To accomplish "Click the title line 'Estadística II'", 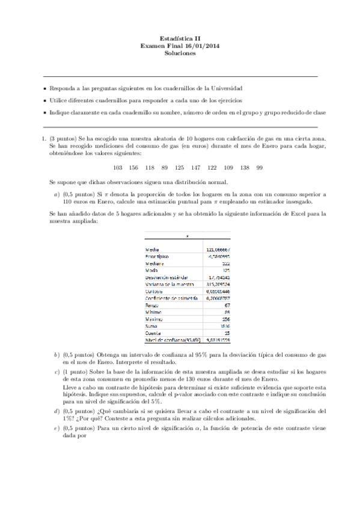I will tap(180, 37).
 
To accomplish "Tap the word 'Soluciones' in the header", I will tap(180, 53).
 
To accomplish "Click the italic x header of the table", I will tap(188, 235).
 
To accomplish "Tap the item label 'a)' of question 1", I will tap(56, 194).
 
